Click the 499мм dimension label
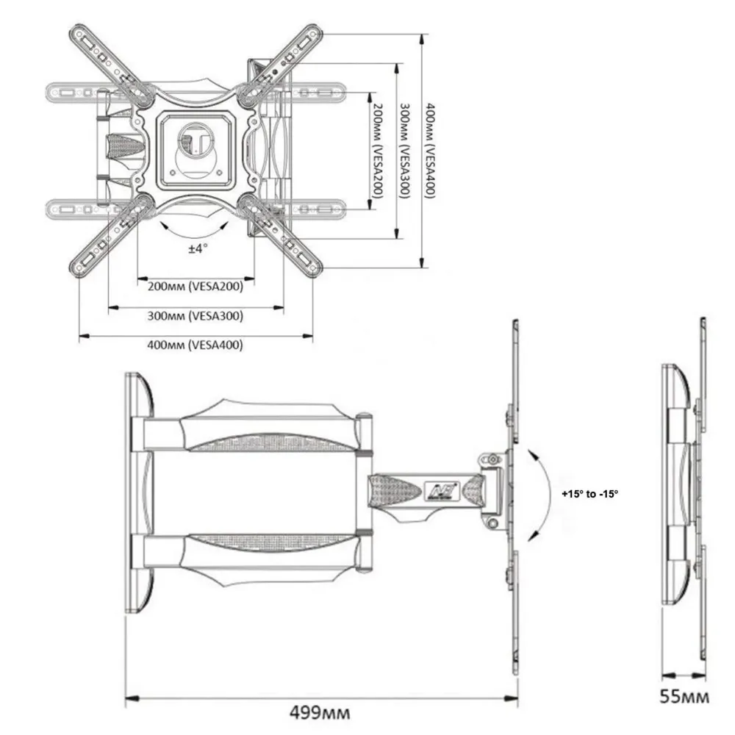(320, 712)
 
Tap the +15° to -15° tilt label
(589, 494)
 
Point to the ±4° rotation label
(198, 249)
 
